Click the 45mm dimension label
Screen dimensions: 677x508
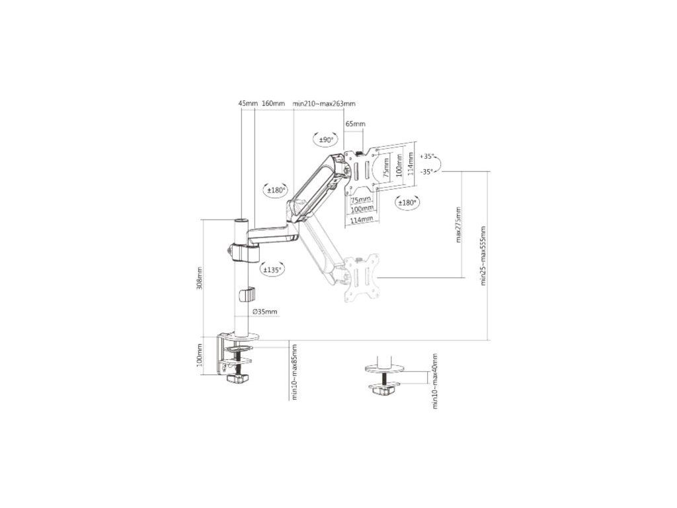tap(247, 104)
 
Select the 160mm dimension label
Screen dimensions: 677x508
tap(273, 104)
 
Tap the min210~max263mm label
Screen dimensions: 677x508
tap(324, 104)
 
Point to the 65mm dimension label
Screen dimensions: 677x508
tap(355, 124)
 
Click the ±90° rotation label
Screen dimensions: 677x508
tap(326, 140)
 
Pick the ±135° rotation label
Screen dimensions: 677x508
tap(272, 270)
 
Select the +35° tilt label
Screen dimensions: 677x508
tap(427, 157)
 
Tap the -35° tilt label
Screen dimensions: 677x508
tap(427, 171)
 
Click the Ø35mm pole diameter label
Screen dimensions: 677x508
tap(264, 312)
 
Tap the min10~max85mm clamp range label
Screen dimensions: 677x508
tap(294, 372)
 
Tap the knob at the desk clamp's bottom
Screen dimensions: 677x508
tap(236, 379)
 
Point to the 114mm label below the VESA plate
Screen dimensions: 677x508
tap(361, 219)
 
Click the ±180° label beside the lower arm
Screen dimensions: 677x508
tap(274, 190)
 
